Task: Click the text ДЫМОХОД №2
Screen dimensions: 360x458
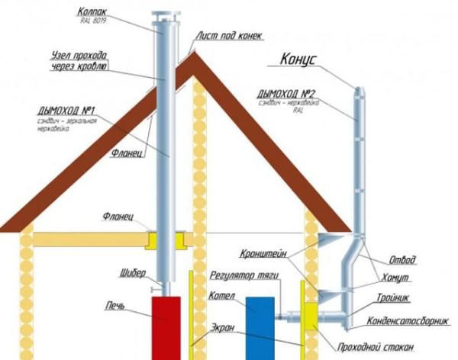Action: click(291, 93)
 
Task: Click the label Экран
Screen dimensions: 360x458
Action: click(221, 329)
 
